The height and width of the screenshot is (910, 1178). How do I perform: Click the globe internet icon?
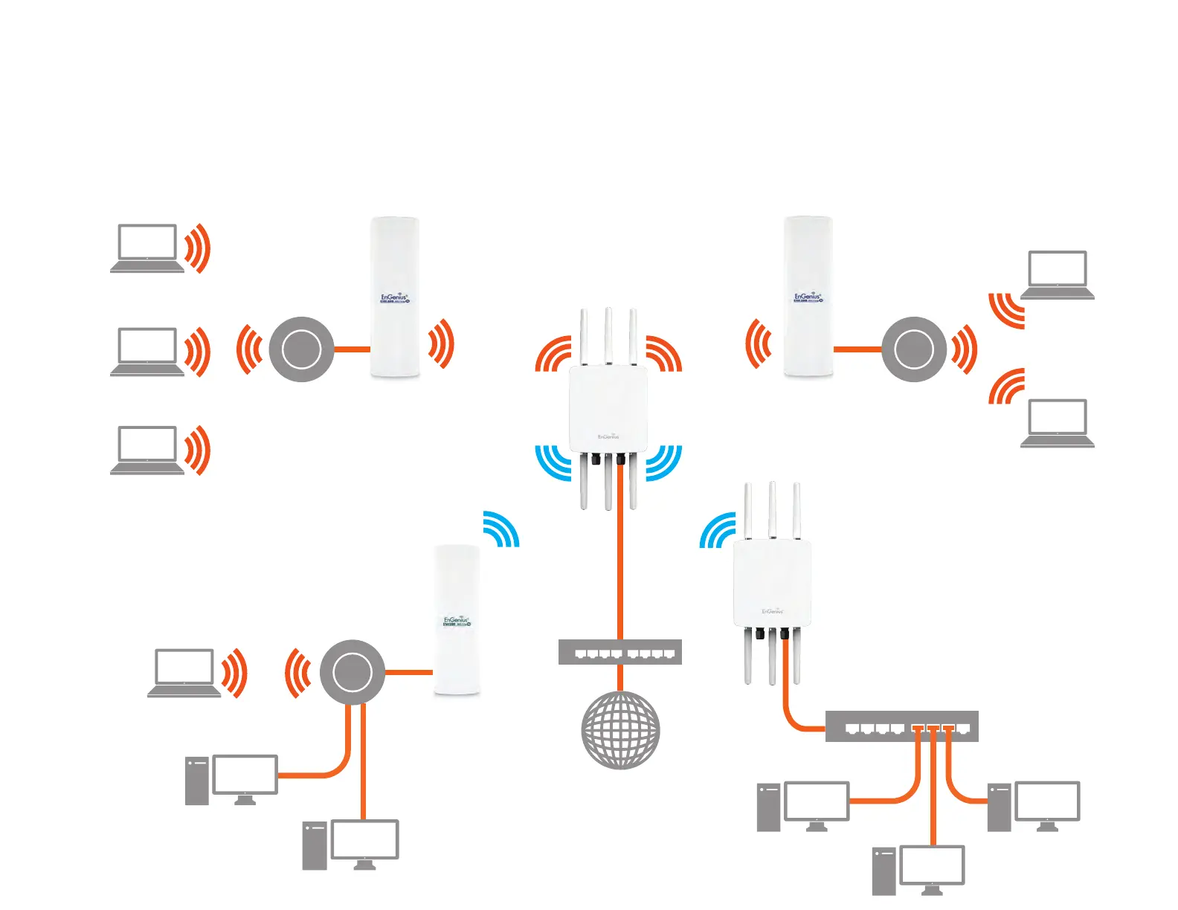point(619,730)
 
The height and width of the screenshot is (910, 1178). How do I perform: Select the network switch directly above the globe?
point(619,652)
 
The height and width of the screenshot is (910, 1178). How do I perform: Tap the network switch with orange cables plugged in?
point(901,726)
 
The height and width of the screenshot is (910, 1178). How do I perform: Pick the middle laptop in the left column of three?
point(147,351)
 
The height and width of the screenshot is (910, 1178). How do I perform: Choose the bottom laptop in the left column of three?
point(147,450)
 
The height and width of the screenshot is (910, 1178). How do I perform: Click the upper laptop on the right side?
point(1057,274)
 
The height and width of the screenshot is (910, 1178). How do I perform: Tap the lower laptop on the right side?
point(1057,423)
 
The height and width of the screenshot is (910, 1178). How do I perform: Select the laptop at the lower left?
point(184,673)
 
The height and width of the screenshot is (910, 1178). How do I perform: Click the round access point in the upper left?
point(301,349)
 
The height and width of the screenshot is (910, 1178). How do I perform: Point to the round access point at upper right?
point(913,349)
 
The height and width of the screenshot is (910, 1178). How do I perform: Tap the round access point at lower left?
point(353,672)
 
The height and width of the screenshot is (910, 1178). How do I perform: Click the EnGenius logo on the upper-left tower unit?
point(394,299)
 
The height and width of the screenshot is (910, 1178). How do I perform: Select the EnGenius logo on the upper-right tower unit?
point(808,297)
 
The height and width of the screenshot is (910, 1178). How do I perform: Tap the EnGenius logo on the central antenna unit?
point(608,436)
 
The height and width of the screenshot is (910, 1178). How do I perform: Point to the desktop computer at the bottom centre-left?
point(351,845)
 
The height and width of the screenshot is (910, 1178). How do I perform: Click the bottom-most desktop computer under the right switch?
point(919,870)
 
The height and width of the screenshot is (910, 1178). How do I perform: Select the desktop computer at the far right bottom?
point(1034,806)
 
